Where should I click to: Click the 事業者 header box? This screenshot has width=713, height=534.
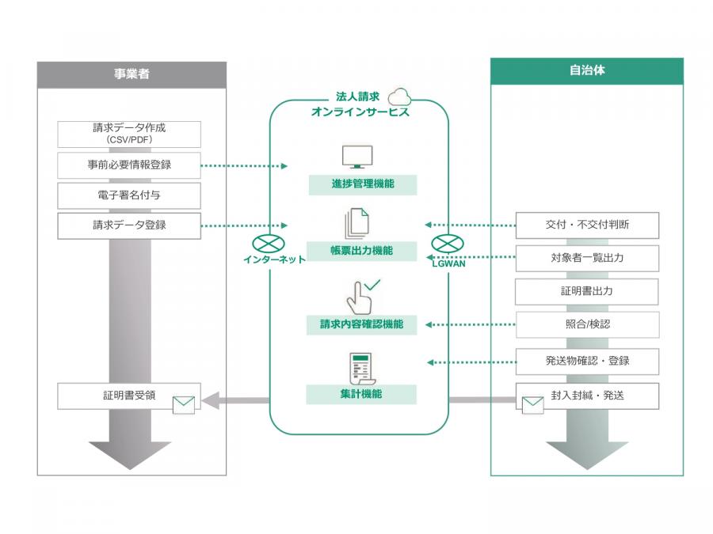[x=131, y=74]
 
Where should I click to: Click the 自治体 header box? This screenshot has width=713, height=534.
[x=587, y=70]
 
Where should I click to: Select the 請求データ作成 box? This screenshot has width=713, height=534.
[x=129, y=133]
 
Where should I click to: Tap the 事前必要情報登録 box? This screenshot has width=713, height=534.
[x=129, y=165]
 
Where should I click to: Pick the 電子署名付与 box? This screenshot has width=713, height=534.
[x=129, y=195]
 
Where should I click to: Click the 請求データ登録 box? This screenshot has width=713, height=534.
[x=129, y=225]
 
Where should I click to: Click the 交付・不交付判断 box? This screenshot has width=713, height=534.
[x=587, y=225]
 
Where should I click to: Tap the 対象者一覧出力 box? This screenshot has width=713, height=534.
[x=587, y=257]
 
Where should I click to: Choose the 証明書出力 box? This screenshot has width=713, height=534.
[x=587, y=291]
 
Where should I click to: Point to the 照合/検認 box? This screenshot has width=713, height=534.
[x=587, y=324]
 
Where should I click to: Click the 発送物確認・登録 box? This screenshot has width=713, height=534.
[x=587, y=361]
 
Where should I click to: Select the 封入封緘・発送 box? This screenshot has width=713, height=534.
[x=587, y=396]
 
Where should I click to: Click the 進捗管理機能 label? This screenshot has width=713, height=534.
[x=362, y=184]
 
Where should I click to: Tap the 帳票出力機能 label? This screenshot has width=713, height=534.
[x=362, y=251]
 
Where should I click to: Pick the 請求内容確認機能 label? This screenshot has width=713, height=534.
[x=362, y=324]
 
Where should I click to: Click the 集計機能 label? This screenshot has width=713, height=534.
[x=362, y=393]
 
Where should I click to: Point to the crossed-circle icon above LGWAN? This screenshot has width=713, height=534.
[x=446, y=245]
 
